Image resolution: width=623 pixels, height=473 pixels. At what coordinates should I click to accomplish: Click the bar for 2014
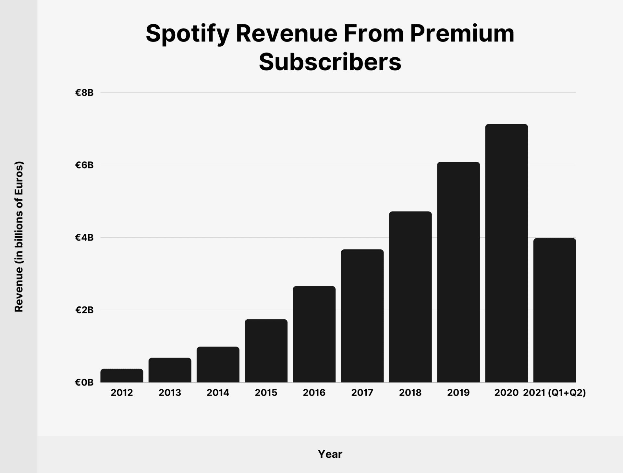[x=218, y=364]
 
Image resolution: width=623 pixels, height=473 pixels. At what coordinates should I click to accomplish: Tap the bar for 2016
[x=314, y=334]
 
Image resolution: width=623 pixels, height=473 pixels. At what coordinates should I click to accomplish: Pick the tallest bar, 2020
[x=507, y=253]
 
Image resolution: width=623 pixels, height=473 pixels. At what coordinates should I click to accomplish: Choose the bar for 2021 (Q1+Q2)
[x=555, y=310]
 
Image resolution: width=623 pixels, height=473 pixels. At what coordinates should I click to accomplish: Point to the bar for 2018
[x=410, y=297]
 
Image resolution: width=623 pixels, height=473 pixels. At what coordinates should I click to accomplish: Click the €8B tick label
[x=84, y=93]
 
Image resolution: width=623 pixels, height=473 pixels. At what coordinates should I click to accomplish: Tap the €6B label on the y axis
[x=84, y=165]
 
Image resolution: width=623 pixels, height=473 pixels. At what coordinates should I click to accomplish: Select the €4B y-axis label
[x=84, y=238]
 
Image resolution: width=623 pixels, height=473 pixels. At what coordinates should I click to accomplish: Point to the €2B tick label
[x=84, y=310]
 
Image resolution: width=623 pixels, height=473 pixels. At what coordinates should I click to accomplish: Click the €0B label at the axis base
[x=84, y=383]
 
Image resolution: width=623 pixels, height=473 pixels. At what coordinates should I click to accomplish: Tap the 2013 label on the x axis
[x=170, y=393]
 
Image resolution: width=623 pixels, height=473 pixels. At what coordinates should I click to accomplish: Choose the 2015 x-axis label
[x=266, y=393]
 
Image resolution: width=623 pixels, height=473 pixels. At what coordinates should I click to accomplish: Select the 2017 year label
[x=362, y=393]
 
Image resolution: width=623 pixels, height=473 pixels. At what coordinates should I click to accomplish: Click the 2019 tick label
[x=458, y=393]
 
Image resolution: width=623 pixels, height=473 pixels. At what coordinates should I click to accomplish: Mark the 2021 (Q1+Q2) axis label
[x=555, y=393]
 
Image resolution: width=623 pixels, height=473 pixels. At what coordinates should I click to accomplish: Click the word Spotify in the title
[x=188, y=34]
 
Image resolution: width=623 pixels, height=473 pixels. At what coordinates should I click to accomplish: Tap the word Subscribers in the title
[x=330, y=62]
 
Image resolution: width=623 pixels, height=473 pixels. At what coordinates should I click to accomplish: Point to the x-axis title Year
[x=330, y=454]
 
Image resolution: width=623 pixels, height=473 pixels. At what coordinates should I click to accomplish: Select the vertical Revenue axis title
[x=19, y=237]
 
